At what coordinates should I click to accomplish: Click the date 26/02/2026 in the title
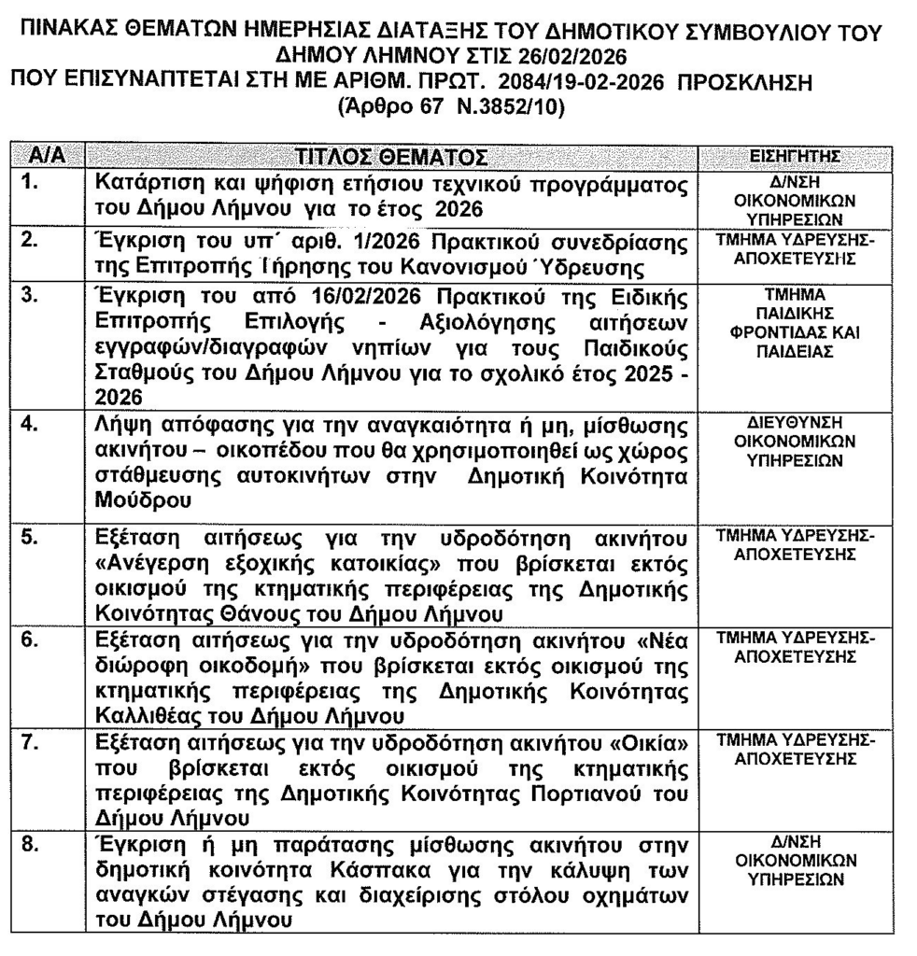tap(568, 58)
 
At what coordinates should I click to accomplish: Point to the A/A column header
tap(47, 155)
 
